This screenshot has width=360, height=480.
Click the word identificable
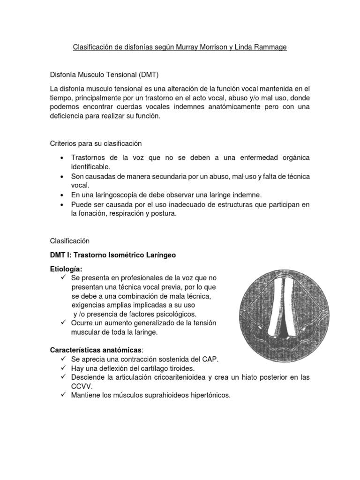90,166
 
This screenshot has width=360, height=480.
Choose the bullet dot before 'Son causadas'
62,176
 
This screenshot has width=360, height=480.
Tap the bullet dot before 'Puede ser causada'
62,204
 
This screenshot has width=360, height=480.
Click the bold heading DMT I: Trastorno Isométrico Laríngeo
112,255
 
